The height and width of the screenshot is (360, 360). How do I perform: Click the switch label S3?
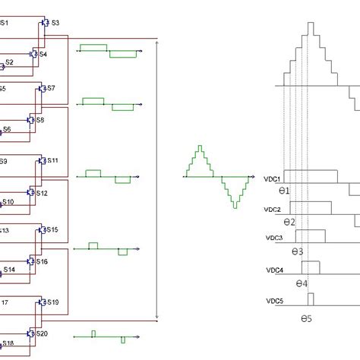click(x=55, y=24)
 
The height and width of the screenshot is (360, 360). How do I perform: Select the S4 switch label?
click(x=43, y=55)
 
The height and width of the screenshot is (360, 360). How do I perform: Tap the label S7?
click(x=51, y=89)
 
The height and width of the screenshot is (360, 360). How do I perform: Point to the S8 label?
click(x=40, y=120)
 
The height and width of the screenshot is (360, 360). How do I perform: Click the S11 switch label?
click(x=52, y=161)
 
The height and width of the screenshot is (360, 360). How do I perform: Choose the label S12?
click(x=42, y=194)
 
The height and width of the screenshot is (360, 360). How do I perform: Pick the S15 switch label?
click(x=52, y=229)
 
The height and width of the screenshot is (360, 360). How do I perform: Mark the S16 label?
click(x=42, y=262)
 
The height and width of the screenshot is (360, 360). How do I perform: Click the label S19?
click(x=52, y=302)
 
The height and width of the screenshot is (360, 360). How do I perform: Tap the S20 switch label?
click(x=42, y=334)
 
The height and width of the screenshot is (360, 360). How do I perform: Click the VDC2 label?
click(x=273, y=209)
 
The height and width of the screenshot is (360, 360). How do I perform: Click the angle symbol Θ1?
click(x=283, y=191)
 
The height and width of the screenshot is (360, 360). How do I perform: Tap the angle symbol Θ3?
click(x=297, y=251)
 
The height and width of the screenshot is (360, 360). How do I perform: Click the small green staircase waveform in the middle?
click(x=219, y=177)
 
